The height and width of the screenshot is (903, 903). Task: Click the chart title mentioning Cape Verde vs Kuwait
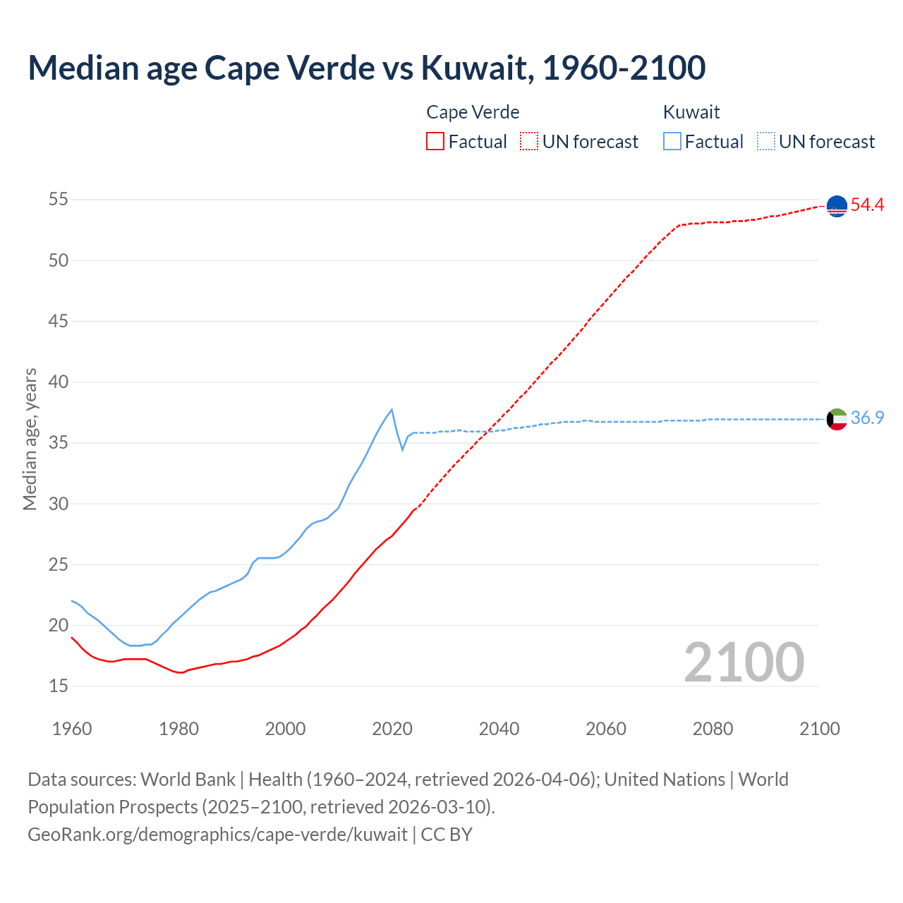click(366, 68)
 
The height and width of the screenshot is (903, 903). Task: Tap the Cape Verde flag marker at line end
click(837, 206)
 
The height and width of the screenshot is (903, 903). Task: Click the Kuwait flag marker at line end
click(837, 419)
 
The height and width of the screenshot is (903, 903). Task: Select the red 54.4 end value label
click(867, 205)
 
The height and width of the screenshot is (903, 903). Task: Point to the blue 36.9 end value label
click(867, 418)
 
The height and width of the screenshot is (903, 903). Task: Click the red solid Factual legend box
click(435, 142)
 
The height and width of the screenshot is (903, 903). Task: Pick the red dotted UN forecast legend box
click(529, 142)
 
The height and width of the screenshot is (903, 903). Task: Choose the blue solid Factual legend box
click(672, 142)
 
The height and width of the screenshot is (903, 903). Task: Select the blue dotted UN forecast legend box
click(766, 142)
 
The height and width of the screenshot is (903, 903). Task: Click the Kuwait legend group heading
click(691, 112)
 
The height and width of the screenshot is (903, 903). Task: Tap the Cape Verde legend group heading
click(473, 112)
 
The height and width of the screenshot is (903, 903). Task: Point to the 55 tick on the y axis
click(58, 200)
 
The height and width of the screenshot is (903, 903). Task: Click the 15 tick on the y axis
click(58, 686)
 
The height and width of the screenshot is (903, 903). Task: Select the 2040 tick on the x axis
click(499, 729)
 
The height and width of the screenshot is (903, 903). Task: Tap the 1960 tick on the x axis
click(72, 729)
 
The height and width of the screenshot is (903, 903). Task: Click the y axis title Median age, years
click(30, 439)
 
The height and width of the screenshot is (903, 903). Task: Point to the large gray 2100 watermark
click(744, 662)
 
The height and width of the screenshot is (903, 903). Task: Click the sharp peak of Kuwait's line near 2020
click(392, 409)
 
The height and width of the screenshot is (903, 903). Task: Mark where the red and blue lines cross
click(487, 431)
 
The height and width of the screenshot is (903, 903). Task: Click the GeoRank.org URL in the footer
click(217, 835)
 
